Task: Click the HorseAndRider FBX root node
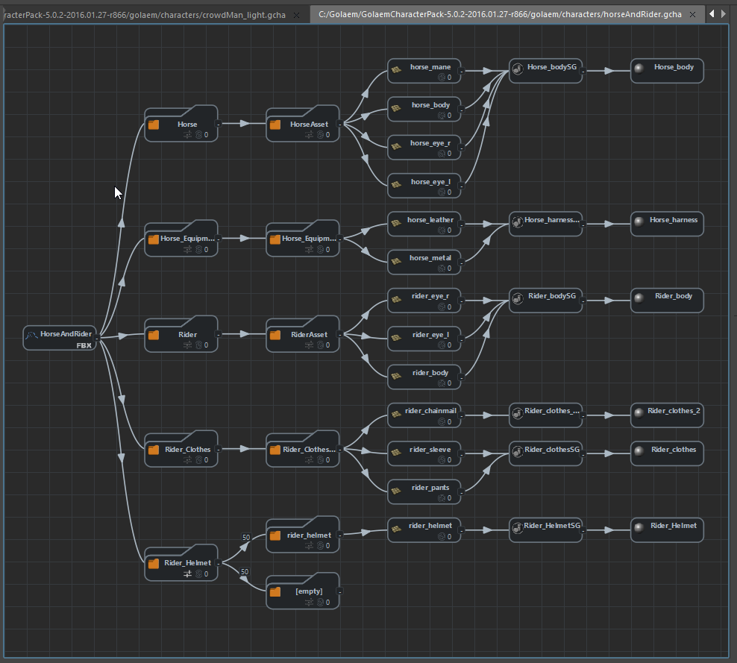60,338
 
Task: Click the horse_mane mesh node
424,71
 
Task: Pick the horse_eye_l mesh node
424,186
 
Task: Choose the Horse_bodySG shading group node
545,71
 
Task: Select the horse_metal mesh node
424,262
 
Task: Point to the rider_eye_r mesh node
424,300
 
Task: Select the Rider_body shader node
667,300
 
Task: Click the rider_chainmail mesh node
424,415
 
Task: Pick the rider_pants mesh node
424,491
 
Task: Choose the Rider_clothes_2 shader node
667,415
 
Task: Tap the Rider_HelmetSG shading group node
545,530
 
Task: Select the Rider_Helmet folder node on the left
181,567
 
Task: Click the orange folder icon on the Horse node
154,125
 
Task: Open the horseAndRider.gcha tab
499,14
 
